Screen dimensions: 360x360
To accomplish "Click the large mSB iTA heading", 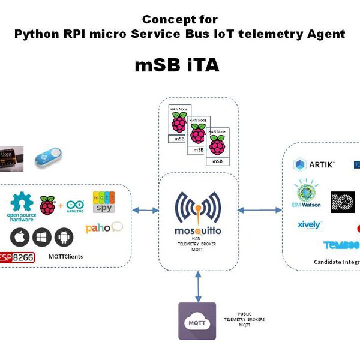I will click(x=176, y=65).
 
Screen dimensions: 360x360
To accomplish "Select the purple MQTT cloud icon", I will click(x=197, y=321).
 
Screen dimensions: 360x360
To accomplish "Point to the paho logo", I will click(x=104, y=228).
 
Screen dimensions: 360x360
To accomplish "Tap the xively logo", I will click(x=310, y=226).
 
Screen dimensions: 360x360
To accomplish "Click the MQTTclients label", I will click(x=67, y=257).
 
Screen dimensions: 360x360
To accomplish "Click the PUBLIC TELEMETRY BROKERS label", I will click(x=244, y=319).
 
